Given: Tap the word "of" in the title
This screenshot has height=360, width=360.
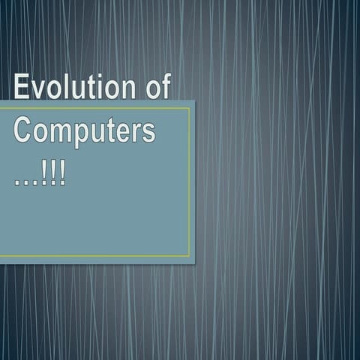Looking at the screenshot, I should coord(157,88).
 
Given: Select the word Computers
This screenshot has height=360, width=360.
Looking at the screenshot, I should coord(85,131).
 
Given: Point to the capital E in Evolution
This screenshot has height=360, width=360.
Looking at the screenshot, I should coord(22,88).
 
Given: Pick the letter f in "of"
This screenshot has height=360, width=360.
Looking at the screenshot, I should coord(165,87).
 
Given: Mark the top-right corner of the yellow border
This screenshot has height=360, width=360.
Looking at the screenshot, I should coord(190,108).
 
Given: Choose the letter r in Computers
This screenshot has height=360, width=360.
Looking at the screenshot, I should coord(136,133).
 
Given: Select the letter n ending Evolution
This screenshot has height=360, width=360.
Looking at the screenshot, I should coord(125,90).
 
